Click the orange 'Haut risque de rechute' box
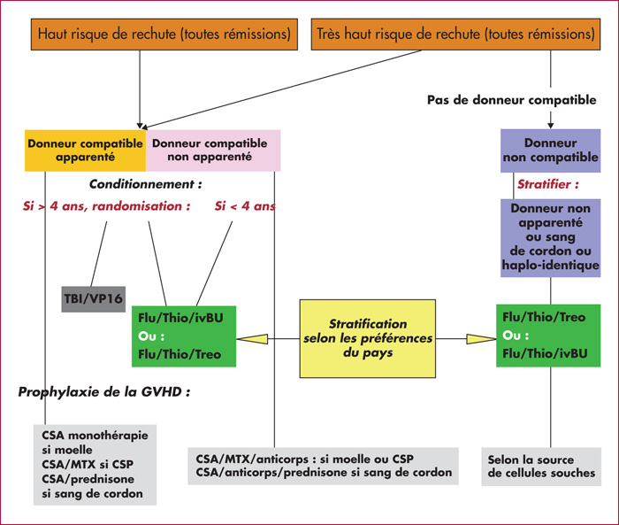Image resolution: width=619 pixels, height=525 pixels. point(164,34)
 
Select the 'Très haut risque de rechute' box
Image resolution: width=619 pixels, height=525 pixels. point(455,34)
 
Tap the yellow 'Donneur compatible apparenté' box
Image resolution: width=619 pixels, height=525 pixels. point(85,151)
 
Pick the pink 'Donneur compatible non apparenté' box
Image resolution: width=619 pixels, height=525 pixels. point(213,151)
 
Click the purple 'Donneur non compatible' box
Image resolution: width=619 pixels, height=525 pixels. point(550,151)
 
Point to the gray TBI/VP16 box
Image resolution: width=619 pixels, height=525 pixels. point(94,299)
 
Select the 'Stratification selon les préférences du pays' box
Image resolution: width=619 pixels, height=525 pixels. point(368,338)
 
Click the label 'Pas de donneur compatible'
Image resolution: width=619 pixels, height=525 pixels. point(512,100)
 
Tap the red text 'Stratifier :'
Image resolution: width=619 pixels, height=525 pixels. point(548,184)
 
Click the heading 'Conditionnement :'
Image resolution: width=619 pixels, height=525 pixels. point(145,184)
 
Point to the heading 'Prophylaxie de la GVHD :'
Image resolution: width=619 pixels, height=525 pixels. point(104,392)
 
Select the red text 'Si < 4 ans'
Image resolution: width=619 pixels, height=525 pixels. point(245,206)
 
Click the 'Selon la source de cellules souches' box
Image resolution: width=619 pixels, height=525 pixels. point(541,467)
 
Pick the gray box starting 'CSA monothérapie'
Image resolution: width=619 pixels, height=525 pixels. point(95,465)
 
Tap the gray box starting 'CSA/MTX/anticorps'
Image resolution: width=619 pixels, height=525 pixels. point(323,466)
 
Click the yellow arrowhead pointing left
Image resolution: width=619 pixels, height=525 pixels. point(252,339)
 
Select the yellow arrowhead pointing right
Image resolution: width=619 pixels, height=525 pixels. point(481,339)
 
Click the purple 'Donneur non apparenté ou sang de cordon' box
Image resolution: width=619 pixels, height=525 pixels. point(550,238)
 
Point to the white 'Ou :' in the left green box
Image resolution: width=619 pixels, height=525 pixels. point(151,336)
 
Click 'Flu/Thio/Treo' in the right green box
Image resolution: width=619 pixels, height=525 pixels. point(544,317)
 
